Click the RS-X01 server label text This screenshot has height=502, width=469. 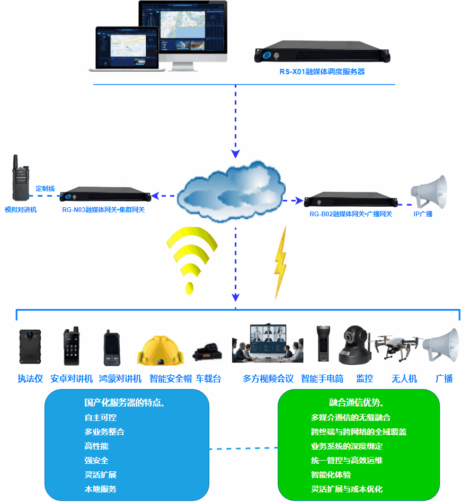[x=322, y=71]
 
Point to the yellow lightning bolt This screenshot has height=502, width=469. [x=280, y=262]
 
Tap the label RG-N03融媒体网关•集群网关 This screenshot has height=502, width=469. [x=103, y=210]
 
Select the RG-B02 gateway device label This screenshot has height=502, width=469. [x=351, y=214]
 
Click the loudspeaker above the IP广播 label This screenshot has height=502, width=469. [x=430, y=191]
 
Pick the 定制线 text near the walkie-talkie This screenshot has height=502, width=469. [x=45, y=188]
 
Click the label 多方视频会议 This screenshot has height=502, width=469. [x=268, y=378]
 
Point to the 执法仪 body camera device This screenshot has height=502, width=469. [x=30, y=348]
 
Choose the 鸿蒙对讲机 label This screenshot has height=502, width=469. [x=120, y=378]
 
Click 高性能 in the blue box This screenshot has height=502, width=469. [x=96, y=446]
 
